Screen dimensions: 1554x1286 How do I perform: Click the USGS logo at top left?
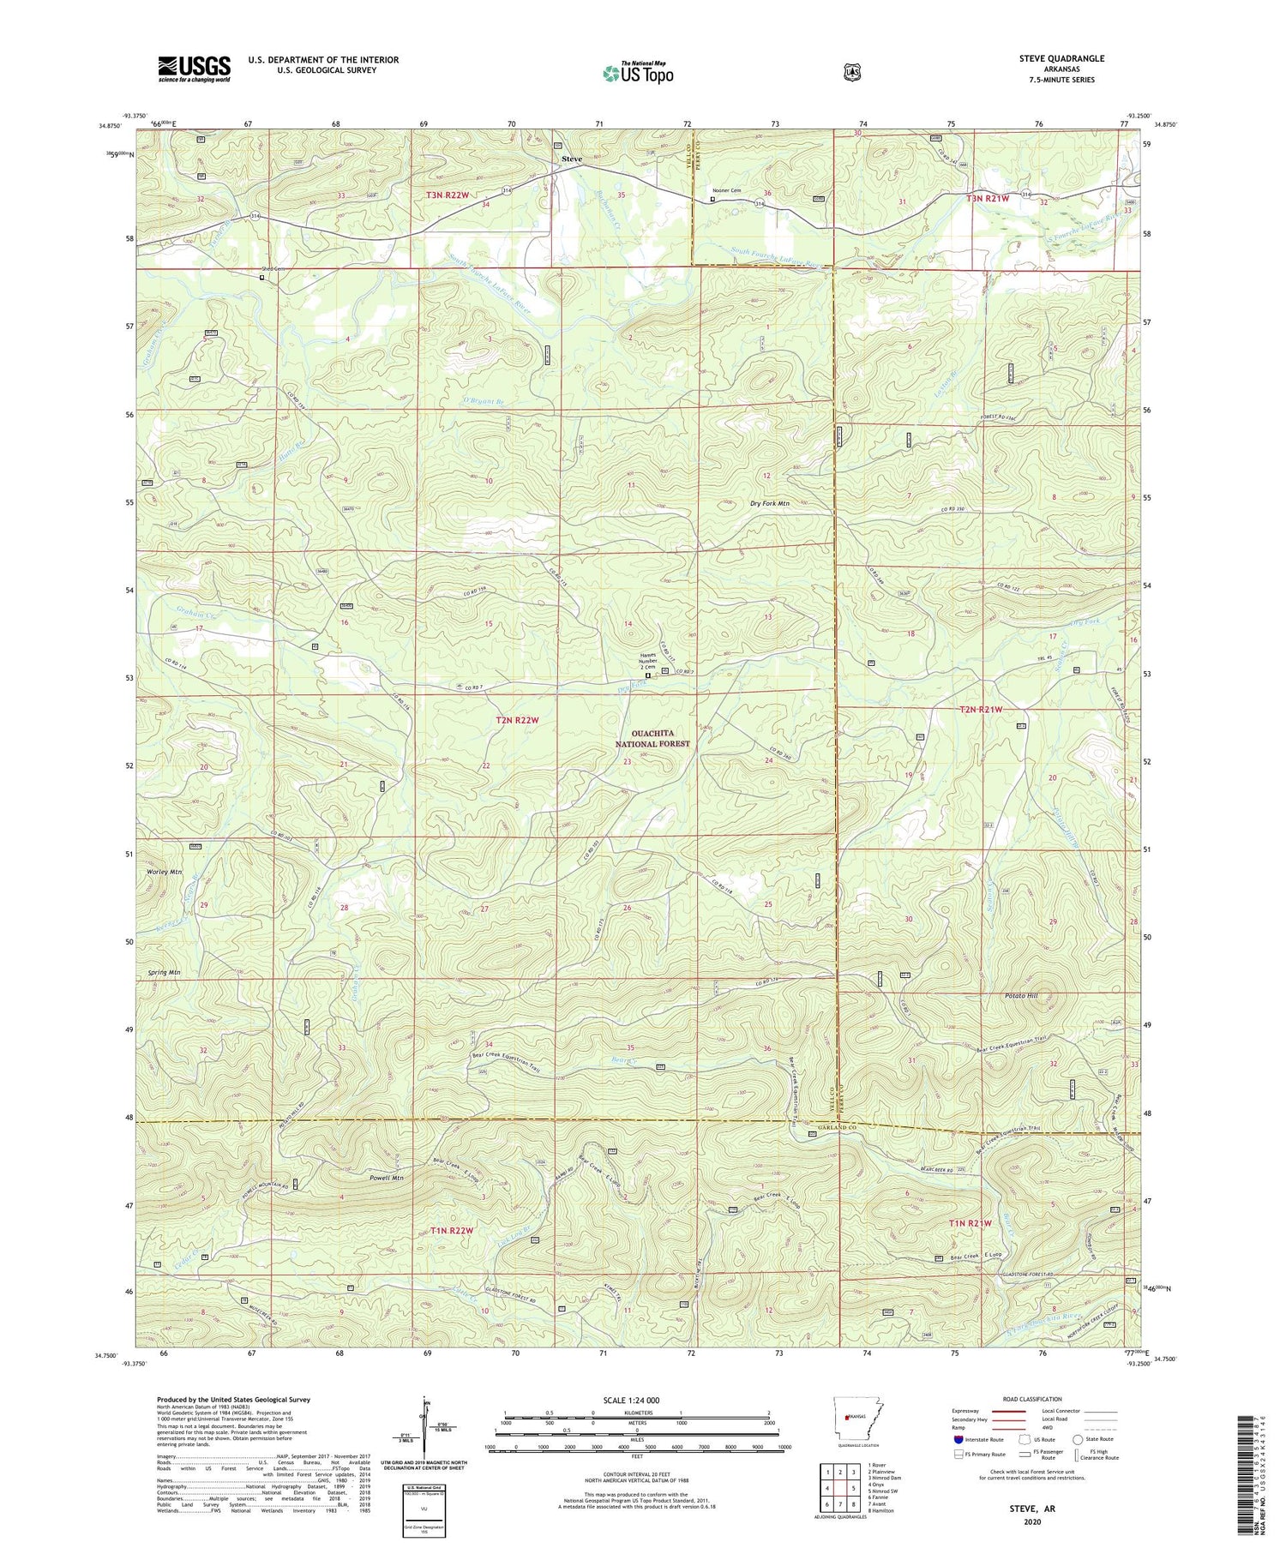click(x=194, y=69)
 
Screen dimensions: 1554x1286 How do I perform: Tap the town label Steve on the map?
click(x=571, y=159)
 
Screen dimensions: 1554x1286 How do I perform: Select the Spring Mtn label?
click(x=163, y=973)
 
